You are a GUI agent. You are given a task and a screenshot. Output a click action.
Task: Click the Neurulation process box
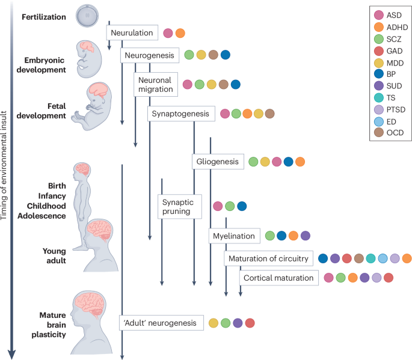tap(132, 32)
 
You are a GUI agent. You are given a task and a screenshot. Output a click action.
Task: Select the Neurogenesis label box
tap(149, 55)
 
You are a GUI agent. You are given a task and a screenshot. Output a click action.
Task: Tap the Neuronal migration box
tap(155, 85)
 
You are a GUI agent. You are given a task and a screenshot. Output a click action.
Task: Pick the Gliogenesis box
tap(217, 162)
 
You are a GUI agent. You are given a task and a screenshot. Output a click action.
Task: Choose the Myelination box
tap(235, 236)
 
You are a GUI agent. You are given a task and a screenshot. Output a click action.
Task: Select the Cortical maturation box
tap(278, 278)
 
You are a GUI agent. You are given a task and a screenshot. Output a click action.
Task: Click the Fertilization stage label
tap(45, 17)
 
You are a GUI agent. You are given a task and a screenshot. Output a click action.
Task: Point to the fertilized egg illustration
tap(88, 15)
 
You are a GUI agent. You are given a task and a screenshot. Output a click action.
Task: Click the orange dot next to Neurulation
tap(180, 33)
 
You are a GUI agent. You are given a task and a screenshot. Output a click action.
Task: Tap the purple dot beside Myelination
tap(306, 236)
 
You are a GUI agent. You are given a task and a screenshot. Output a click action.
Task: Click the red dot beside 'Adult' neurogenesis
tap(250, 323)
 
